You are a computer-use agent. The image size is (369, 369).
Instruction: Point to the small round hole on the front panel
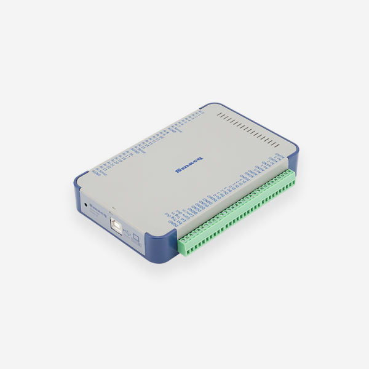(x=84, y=204)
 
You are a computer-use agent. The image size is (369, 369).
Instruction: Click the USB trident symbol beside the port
(x=127, y=232)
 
